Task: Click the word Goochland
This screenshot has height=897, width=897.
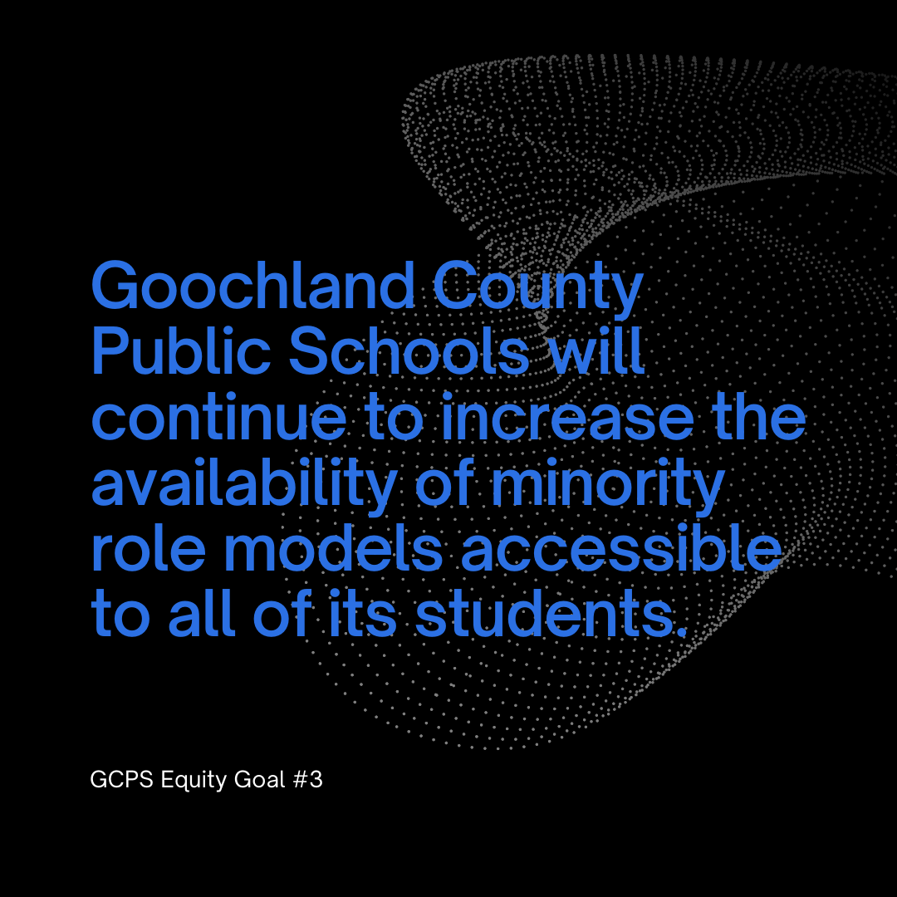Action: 252,286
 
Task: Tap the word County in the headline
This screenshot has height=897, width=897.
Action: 537,291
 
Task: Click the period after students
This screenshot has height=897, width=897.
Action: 680,631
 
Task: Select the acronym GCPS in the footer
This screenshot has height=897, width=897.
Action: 121,780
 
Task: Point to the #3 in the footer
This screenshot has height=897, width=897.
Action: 308,780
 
